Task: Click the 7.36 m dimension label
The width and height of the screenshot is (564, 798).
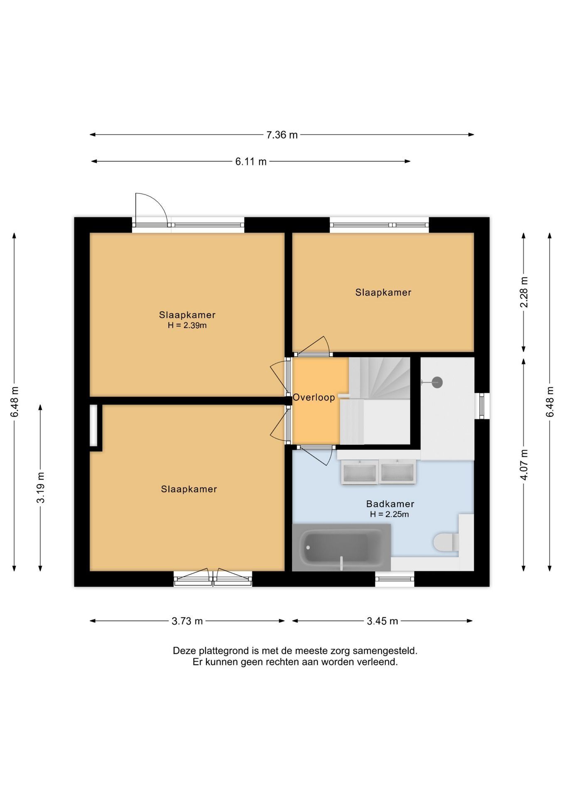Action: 282,135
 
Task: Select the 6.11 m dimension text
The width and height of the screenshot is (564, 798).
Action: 251,161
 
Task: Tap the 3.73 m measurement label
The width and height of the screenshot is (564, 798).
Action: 187,621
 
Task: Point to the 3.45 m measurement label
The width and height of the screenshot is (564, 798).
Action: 383,621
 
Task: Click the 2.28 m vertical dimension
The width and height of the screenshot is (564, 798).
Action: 524,292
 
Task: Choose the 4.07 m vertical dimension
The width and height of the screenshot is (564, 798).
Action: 524,465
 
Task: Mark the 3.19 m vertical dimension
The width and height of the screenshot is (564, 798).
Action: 40,488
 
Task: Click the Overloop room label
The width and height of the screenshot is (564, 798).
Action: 314,397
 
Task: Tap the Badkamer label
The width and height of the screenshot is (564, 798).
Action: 390,504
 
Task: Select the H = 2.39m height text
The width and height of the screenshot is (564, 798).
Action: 187,325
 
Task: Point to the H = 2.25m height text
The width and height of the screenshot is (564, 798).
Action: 390,514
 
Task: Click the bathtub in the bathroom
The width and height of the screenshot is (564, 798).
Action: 341,547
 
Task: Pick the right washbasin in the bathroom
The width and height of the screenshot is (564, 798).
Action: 397,472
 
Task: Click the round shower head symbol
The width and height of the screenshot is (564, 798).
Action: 437,382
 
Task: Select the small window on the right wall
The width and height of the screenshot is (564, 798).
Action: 482,406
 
